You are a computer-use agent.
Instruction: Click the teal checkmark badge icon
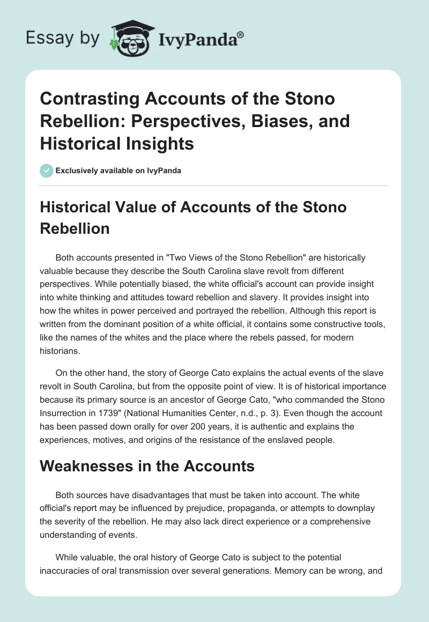(46, 171)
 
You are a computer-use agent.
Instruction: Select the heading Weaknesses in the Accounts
(147, 466)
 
